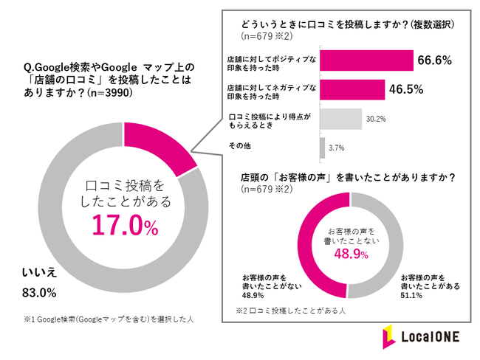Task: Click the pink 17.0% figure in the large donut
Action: [125, 226]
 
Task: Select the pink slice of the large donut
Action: [158, 145]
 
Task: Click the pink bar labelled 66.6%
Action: [366, 60]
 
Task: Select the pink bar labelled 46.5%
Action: [352, 90]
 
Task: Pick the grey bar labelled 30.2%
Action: [340, 119]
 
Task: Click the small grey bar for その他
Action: [321, 148]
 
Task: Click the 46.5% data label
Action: [406, 90]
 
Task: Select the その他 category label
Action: [240, 148]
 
